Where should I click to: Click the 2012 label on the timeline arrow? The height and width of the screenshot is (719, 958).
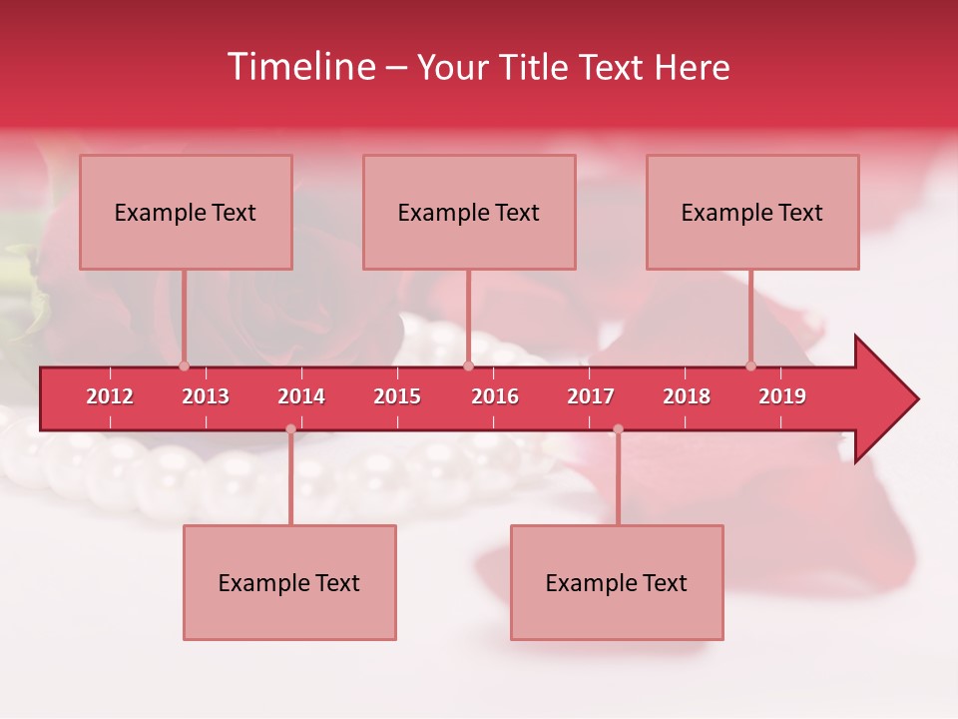pos(110,396)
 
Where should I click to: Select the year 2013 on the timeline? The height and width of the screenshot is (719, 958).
pos(206,396)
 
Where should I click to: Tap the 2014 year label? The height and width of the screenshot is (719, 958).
pos(301,396)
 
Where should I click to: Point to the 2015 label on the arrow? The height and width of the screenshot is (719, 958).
pos(397,396)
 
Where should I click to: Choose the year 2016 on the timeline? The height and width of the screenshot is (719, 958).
pos(495,396)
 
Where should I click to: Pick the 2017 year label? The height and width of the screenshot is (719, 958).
pos(591,396)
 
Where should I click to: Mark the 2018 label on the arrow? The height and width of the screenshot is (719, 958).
pos(687,396)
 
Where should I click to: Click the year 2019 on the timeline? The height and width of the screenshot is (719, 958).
pos(782,396)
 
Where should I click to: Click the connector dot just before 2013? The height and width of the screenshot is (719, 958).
pos(184,365)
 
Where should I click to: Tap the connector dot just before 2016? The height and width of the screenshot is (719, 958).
pos(468,365)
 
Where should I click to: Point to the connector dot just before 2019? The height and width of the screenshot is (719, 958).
pos(750,365)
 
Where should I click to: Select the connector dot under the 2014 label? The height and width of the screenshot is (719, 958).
pos(290,428)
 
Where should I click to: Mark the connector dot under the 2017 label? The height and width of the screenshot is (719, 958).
pos(618,428)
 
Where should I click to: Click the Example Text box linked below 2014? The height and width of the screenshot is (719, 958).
pos(289,582)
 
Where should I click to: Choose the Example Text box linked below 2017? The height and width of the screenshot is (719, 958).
pos(617,582)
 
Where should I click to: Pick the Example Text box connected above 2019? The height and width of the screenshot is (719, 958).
pos(752,212)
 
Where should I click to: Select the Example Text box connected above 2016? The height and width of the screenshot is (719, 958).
pos(469,212)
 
